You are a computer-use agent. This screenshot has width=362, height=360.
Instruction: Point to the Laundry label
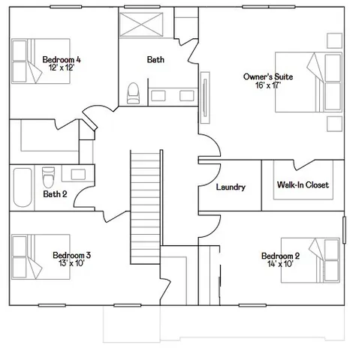coord(230,187)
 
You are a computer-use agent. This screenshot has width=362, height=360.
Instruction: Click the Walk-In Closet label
coord(302,184)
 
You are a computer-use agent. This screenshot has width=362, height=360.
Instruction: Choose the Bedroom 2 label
coord(280,256)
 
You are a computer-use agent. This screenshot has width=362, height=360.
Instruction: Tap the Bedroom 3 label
coord(72,255)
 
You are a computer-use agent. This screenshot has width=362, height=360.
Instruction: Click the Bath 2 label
coord(56,194)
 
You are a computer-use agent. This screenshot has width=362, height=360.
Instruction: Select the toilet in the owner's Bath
coord(134,91)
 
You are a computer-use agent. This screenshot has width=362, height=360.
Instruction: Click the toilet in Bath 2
coord(48,177)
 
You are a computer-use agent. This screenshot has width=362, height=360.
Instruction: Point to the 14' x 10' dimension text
coord(280,264)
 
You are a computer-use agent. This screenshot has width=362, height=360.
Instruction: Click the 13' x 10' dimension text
coord(72,263)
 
